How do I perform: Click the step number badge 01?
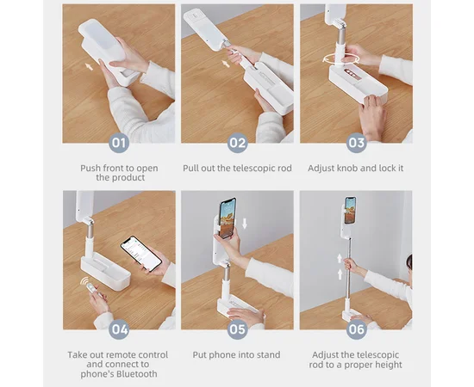[119, 143]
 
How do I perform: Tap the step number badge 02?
[237, 143]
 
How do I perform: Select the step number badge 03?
[357, 143]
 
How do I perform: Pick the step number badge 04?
[119, 329]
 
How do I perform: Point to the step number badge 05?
[237, 329]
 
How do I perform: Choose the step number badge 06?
[357, 329]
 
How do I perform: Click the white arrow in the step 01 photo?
[89, 66]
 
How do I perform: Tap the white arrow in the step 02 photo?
[226, 64]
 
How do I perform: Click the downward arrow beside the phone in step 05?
[245, 224]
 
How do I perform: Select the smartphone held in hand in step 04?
[140, 254]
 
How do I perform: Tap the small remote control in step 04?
[91, 289]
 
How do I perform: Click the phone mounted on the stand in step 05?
[228, 218]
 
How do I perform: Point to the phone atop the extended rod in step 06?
[351, 210]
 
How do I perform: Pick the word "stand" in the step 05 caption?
[268, 354]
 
